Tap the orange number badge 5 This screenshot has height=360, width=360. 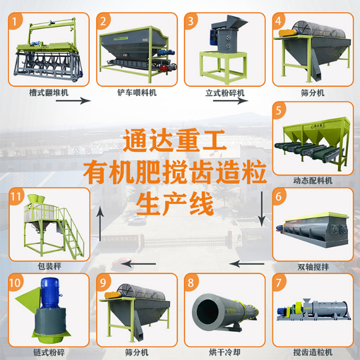pos(280,111)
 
